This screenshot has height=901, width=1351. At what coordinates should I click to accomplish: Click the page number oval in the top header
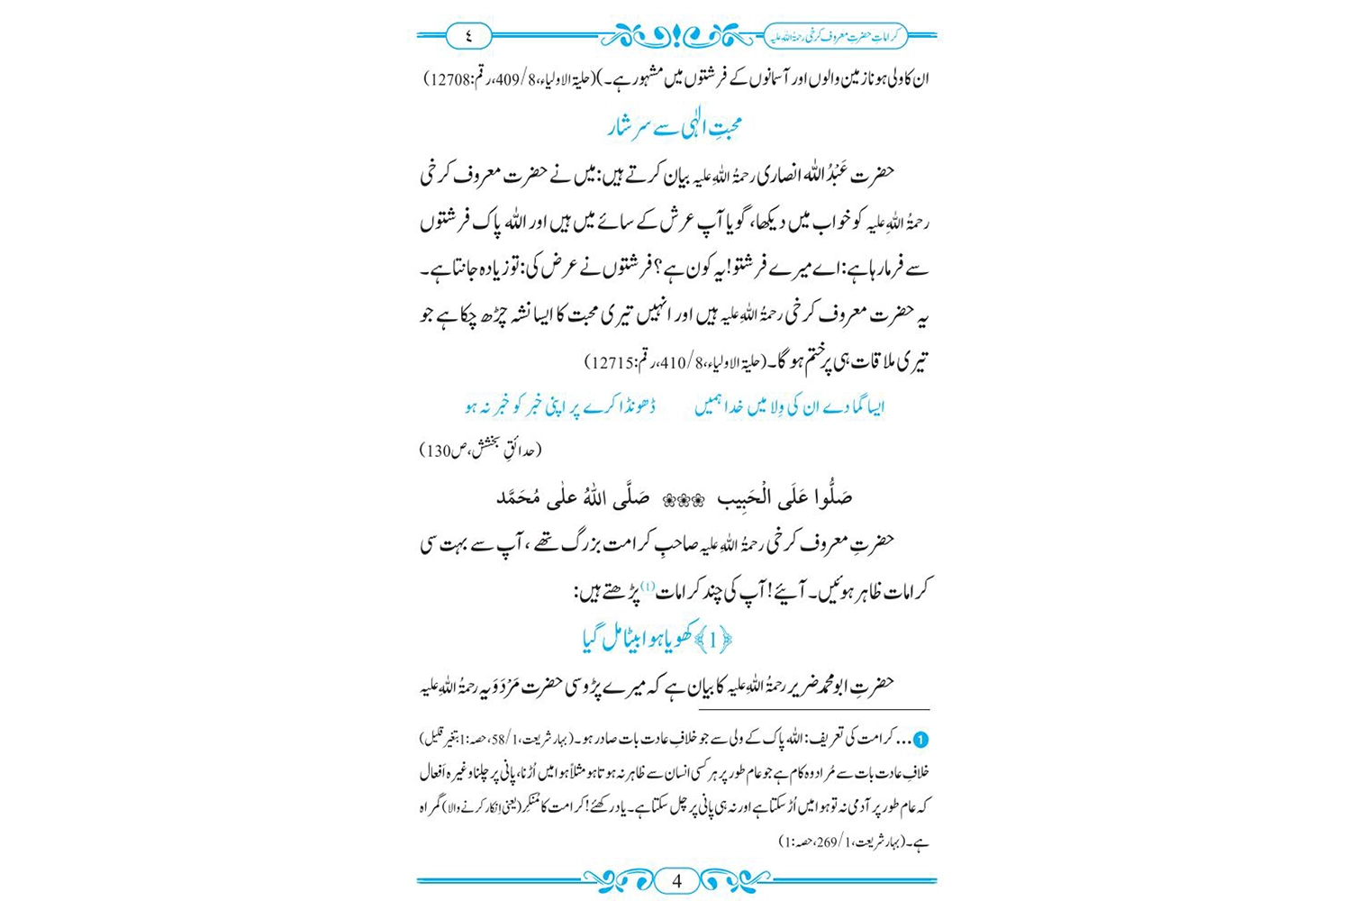click(468, 36)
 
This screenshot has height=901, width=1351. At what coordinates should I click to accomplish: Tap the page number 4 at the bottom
click(677, 880)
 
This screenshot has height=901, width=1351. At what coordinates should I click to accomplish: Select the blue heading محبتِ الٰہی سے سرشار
click(675, 125)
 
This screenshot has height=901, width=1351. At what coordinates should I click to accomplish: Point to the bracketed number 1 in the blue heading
click(714, 641)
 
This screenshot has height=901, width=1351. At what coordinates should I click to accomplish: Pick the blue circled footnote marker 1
click(920, 740)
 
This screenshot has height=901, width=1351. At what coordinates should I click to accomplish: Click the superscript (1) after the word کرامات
click(648, 587)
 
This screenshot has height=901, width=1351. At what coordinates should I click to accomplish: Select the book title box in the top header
click(835, 36)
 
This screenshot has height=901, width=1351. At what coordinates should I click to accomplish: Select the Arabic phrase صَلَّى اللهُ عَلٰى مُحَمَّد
click(573, 498)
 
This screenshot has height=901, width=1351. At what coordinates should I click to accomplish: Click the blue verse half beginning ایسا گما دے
click(790, 407)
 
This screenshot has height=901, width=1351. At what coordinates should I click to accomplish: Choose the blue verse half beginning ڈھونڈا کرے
click(560, 407)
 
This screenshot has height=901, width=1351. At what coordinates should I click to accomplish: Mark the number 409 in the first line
click(520, 79)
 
